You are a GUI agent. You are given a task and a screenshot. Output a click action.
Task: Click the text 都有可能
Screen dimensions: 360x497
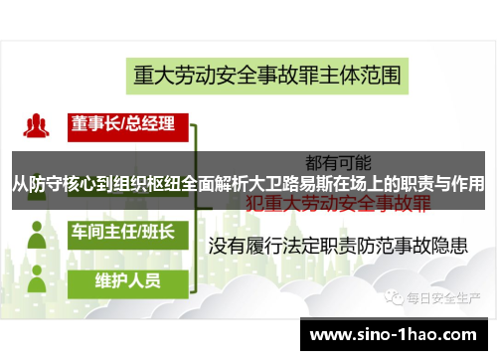(337, 160)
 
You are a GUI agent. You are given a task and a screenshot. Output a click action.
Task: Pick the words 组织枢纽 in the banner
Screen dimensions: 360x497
(149, 184)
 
